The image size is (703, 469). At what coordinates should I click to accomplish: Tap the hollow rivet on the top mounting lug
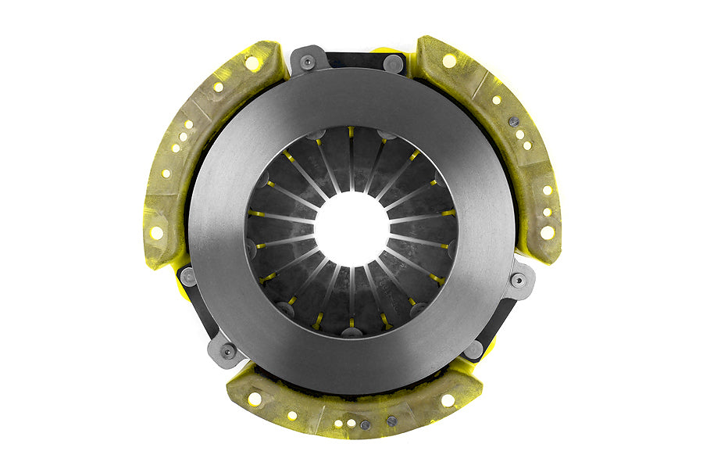(x=308, y=61)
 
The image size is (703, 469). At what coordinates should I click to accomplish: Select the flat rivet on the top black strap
(x=394, y=62)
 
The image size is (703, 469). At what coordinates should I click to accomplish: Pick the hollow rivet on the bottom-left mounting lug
(x=228, y=353)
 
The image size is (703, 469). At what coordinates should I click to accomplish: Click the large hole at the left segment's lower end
(x=157, y=232)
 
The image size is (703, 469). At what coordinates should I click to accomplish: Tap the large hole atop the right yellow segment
(x=449, y=60)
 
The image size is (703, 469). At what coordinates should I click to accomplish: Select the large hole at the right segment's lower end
(x=547, y=232)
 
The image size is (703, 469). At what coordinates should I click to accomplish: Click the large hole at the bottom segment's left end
(x=254, y=399)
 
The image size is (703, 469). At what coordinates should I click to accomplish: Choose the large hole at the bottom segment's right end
(x=448, y=399)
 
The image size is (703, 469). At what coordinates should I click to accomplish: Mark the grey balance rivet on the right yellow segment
(x=513, y=121)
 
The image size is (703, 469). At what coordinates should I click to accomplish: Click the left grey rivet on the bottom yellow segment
(x=365, y=425)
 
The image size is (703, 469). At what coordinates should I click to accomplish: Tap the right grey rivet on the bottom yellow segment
(x=391, y=421)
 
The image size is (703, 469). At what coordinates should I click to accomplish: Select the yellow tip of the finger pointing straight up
(x=351, y=132)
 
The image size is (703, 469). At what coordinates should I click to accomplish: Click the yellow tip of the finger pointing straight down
(x=351, y=321)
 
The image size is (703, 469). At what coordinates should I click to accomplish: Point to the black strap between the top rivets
(x=351, y=59)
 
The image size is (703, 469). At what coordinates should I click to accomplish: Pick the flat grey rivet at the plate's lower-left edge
(x=187, y=276)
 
